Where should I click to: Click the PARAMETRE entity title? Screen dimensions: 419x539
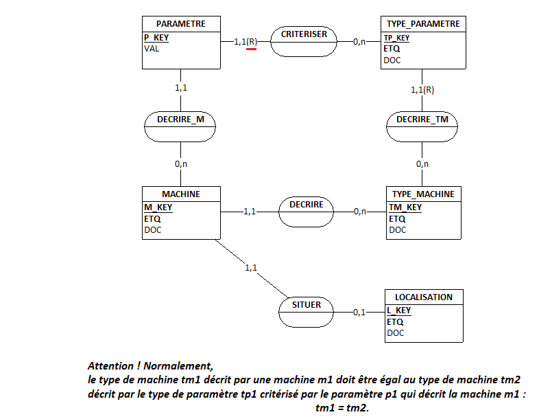pos(180,23)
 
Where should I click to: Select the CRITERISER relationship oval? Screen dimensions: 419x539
pos(304,34)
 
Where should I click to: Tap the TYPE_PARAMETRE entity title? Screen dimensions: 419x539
pos(423,23)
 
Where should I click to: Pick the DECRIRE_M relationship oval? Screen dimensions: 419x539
pos(180,120)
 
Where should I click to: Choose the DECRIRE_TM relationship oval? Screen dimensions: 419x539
pos(422,120)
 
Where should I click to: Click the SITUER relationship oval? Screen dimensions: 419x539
pos(305,304)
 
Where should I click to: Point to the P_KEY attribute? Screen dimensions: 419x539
pos(156,38)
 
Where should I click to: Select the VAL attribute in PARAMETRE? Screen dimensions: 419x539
pos(152,49)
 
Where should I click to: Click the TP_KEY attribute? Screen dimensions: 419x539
pos(396,38)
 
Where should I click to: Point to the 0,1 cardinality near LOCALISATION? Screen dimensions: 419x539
pos(359,313)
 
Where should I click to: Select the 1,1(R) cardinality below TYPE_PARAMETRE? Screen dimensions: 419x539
pos(422,89)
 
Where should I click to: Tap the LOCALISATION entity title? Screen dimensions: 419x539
pos(423,297)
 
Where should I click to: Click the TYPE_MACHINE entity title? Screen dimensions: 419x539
pos(422,194)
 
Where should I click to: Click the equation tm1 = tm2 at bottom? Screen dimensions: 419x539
pos(342,409)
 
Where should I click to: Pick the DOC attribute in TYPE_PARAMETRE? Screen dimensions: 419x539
pos(392,60)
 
